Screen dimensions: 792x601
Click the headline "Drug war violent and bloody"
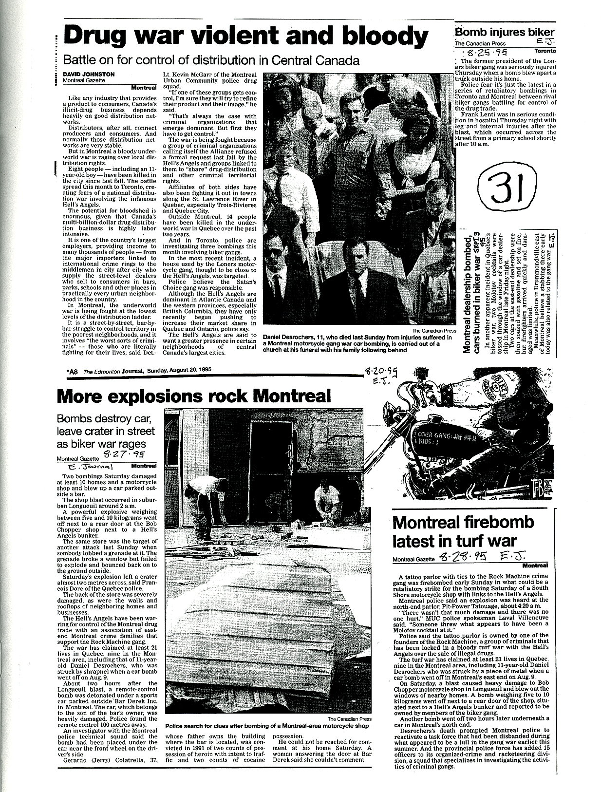tap(246, 37)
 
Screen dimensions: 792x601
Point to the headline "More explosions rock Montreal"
tap(194, 396)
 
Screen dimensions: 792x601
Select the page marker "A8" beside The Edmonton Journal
tap(73, 371)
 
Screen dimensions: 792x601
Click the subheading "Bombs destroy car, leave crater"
tap(106, 431)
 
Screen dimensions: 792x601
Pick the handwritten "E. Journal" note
tap(92, 466)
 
